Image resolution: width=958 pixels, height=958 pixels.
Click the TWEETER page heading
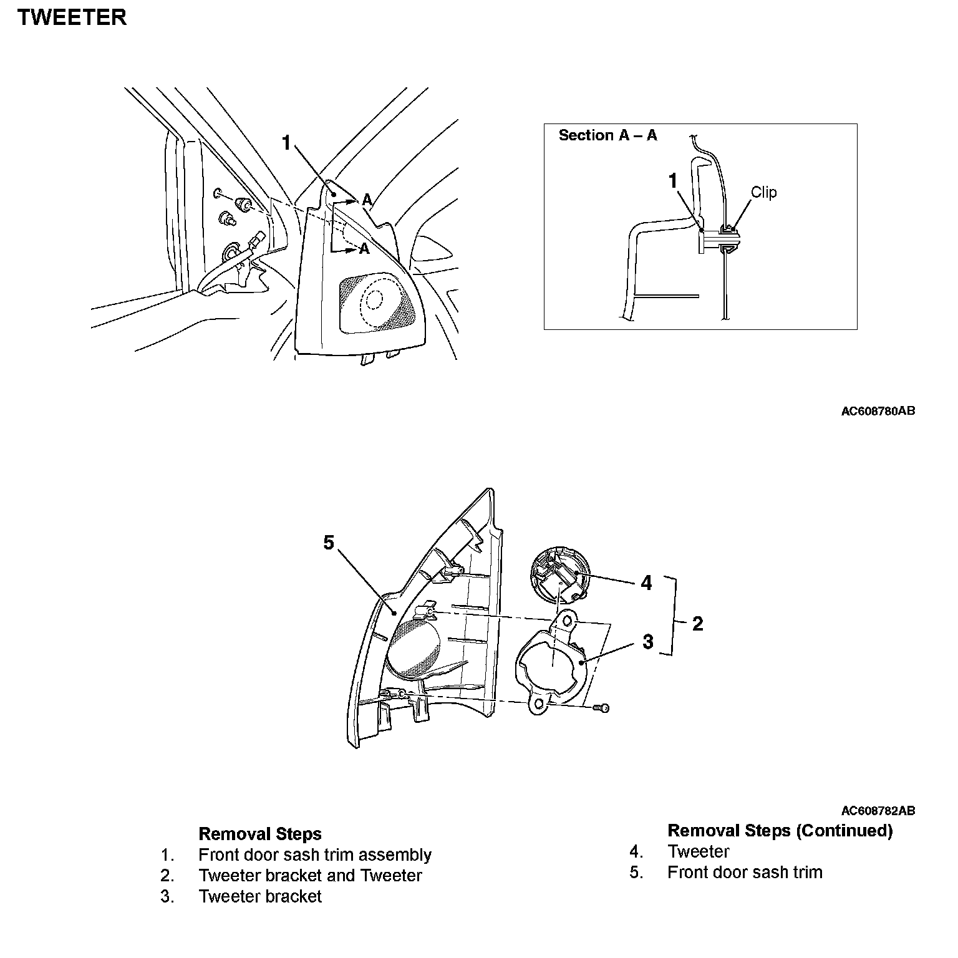[72, 17]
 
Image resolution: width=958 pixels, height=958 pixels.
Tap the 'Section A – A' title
[607, 135]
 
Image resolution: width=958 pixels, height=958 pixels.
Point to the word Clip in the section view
[763, 192]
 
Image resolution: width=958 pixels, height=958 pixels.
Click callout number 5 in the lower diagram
[329, 543]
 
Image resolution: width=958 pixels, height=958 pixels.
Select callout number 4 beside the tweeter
[646, 583]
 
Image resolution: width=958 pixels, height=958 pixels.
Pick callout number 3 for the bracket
[648, 641]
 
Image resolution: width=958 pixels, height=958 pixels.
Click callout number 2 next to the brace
[697, 623]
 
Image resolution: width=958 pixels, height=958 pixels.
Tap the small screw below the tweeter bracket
[601, 708]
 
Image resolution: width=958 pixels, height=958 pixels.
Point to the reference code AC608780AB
[878, 411]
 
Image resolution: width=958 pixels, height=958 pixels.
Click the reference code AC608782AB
[878, 811]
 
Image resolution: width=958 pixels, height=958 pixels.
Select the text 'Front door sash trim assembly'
[315, 854]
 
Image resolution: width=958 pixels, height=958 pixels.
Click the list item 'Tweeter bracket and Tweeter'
[310, 876]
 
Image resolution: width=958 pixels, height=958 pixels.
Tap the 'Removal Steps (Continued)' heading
[780, 831]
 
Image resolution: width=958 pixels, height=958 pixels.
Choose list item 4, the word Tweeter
[698, 851]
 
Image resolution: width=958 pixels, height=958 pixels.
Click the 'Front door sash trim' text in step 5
[745, 872]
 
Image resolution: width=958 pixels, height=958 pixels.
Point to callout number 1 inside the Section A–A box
[672, 181]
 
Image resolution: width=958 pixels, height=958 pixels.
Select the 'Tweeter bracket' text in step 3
[260, 896]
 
